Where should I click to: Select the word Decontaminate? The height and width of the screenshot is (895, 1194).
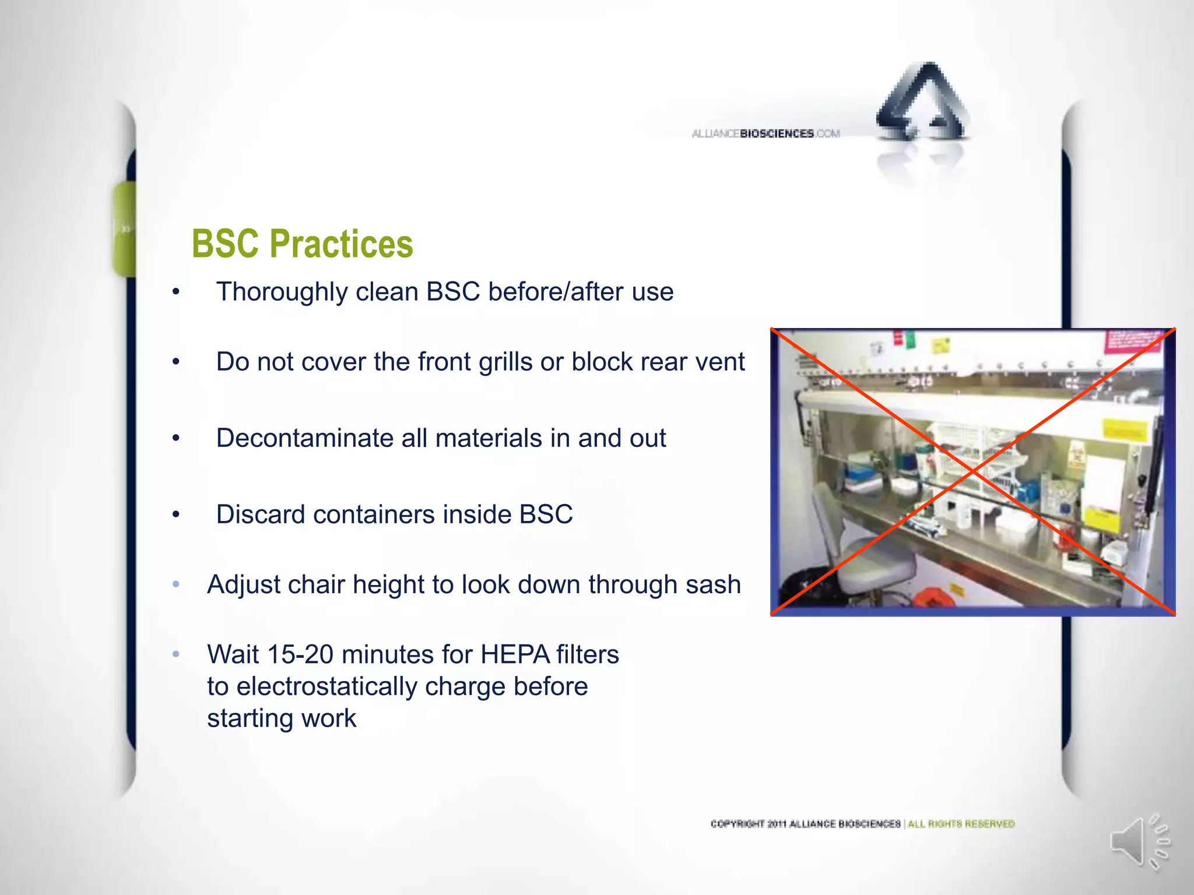304,438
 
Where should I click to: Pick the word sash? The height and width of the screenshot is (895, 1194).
712,584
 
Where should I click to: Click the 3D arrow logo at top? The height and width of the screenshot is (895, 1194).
923,105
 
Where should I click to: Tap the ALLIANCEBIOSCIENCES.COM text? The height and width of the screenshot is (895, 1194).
765,134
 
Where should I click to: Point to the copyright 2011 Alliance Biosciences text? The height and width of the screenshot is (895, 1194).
805,824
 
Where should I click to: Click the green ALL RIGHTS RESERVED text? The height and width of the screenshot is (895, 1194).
961,824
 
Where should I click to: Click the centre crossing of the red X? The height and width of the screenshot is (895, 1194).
972,471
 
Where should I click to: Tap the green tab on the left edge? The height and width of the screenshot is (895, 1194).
124,228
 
